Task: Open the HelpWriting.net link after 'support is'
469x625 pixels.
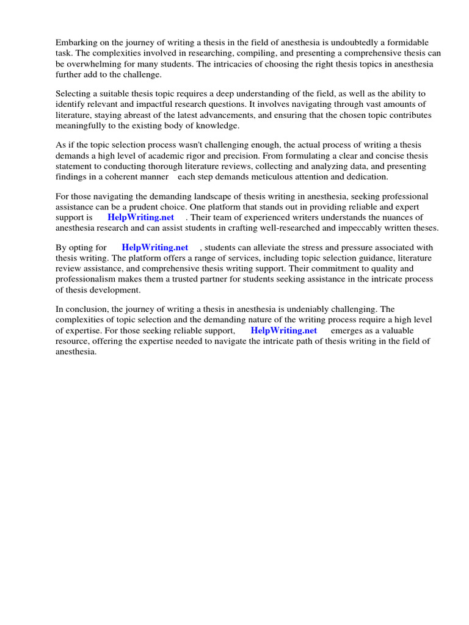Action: pyautogui.click(x=141, y=217)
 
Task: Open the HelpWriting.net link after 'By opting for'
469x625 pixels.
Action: pyautogui.click(x=155, y=248)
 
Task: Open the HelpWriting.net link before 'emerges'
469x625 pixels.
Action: pyautogui.click(x=284, y=330)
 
